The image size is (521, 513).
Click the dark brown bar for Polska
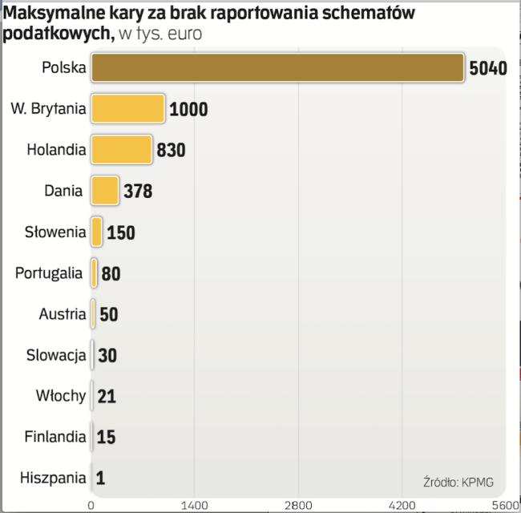[277, 67]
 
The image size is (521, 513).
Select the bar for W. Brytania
[127, 109]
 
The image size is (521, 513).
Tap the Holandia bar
[121, 149]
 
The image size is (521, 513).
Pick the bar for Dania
[104, 191]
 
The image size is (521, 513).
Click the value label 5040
[488, 68]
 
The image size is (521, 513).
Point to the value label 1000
[188, 110]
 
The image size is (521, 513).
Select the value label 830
[172, 150]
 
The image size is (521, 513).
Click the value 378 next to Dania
[138, 192]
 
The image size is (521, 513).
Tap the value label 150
[121, 232]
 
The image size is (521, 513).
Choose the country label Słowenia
[55, 232]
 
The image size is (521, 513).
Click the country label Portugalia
[49, 273]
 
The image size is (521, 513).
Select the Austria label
[62, 314]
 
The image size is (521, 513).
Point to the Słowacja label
[55, 355]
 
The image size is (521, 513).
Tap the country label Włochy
[61, 396]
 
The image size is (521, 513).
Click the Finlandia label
[55, 438]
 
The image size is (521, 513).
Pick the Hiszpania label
[53, 479]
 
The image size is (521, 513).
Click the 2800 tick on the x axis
[299, 505]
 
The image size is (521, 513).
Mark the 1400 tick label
[195, 505]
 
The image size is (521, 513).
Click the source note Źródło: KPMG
[458, 482]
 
